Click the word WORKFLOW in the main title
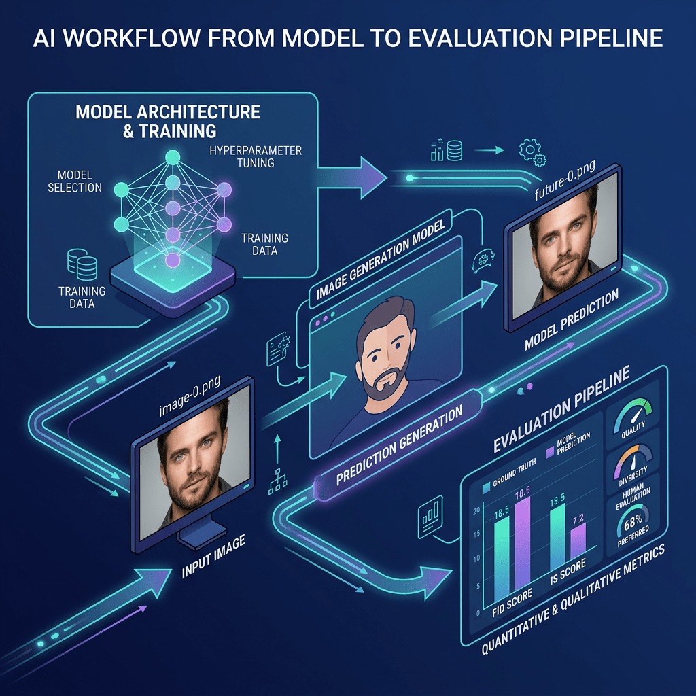click(131, 38)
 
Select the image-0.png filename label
click(190, 396)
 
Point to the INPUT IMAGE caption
click(213, 557)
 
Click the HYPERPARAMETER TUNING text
click(256, 157)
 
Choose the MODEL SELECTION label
click(75, 181)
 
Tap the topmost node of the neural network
click(173, 157)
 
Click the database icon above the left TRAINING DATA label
click(82, 264)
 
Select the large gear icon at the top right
click(529, 150)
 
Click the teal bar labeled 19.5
click(557, 537)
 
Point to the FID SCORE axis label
click(512, 604)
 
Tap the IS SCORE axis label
click(568, 571)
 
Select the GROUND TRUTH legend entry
click(509, 474)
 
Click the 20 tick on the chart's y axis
click(476, 511)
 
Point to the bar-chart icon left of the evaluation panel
click(430, 517)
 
